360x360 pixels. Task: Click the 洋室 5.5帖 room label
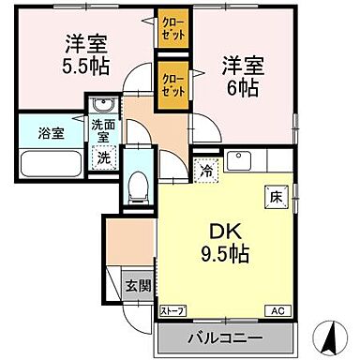(83, 54)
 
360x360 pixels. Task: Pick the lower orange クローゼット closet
(172, 85)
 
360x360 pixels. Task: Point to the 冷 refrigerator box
(206, 172)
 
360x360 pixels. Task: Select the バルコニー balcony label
(226, 338)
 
